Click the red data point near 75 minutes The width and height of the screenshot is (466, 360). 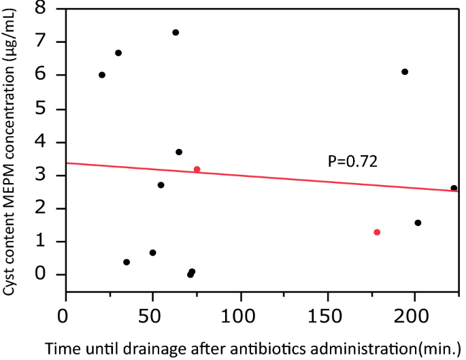click(x=197, y=169)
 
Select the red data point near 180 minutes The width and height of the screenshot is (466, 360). click(x=377, y=232)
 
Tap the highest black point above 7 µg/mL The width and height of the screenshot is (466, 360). click(x=176, y=33)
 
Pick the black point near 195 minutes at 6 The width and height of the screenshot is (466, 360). click(x=405, y=71)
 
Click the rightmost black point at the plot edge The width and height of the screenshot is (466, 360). click(x=454, y=188)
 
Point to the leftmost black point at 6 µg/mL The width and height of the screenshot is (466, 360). click(x=102, y=75)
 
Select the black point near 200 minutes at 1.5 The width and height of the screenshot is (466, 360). click(x=418, y=223)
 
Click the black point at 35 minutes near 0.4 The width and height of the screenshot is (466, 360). click(x=127, y=262)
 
